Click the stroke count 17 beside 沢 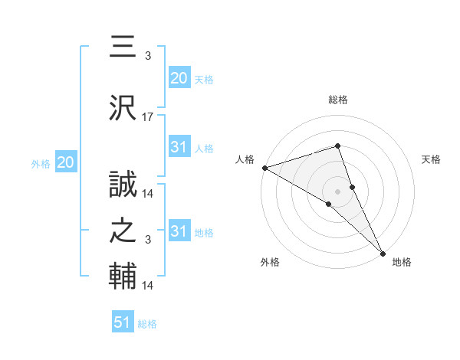pos(148,117)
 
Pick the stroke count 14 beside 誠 pos(148,193)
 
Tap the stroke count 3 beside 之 pos(148,241)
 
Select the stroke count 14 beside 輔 pos(148,286)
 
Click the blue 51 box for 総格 pos(123,322)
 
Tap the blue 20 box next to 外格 pos(65,162)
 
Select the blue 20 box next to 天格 pos(179,78)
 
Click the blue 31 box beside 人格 pos(179,148)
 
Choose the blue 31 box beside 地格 pos(179,231)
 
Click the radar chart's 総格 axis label pos(337,100)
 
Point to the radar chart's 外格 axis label pos(270,262)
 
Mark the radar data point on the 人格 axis pos(264,168)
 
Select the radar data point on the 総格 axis pos(337,146)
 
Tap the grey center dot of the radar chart pos(337,190)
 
